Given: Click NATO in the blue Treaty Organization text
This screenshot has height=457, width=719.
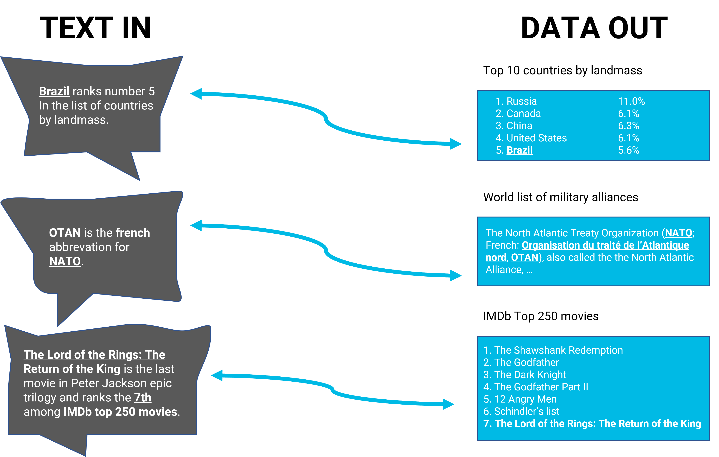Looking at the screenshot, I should tap(678, 233).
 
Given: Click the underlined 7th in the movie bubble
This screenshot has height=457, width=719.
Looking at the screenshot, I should tap(143, 398).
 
